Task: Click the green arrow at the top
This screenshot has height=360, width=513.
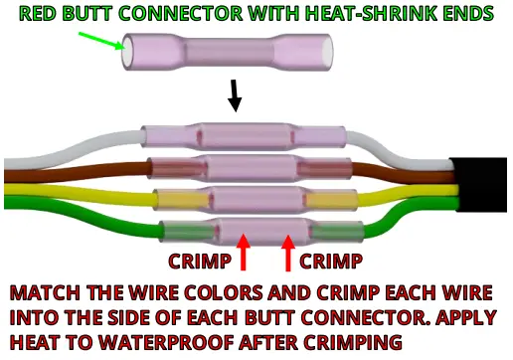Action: [99, 42]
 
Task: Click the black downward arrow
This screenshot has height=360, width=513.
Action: [236, 95]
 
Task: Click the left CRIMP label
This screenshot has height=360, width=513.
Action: [198, 262]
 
